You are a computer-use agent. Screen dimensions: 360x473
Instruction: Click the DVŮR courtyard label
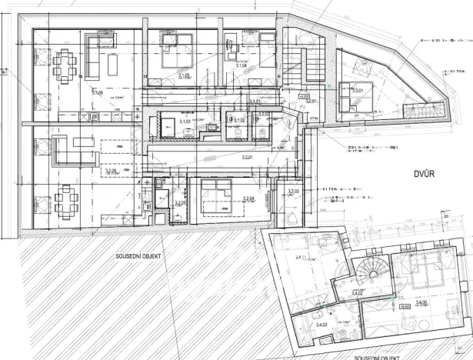click(424, 175)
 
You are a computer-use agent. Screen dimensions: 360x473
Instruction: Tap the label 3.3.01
click(358, 90)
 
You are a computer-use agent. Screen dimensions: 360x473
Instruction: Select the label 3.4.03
click(321, 325)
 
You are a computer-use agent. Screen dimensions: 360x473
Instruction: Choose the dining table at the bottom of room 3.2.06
click(65, 203)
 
